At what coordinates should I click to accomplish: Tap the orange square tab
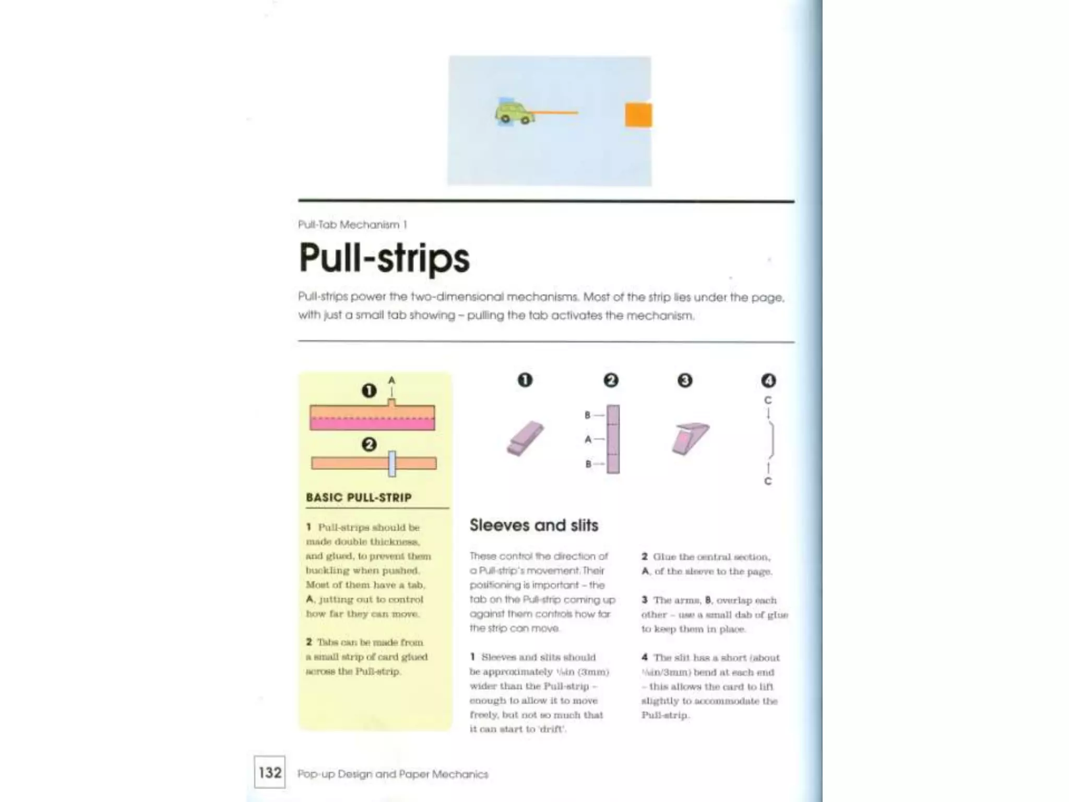click(x=638, y=115)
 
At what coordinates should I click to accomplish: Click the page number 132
click(x=270, y=772)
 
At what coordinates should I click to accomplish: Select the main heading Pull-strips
click(x=384, y=258)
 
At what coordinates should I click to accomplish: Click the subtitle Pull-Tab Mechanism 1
click(x=352, y=225)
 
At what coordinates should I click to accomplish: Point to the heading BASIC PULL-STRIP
click(x=359, y=497)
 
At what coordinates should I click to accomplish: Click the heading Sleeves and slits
click(x=533, y=525)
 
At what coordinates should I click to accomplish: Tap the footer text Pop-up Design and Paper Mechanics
click(x=393, y=774)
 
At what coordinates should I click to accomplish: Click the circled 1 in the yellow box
click(x=369, y=391)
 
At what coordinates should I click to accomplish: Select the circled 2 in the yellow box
click(x=369, y=445)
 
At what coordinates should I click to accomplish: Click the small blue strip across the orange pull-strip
click(x=392, y=464)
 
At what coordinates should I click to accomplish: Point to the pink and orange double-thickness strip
click(x=372, y=418)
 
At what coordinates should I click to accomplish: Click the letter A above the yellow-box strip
click(x=392, y=380)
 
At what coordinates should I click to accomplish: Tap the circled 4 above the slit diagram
click(x=768, y=381)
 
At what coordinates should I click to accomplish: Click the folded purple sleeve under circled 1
click(x=525, y=439)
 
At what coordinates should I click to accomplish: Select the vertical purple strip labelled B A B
click(x=613, y=439)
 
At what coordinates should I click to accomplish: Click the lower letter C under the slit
click(x=768, y=481)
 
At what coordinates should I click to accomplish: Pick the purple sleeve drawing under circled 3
click(x=690, y=439)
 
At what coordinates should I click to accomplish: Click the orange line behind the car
click(x=556, y=112)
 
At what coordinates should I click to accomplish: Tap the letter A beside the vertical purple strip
click(x=588, y=440)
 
